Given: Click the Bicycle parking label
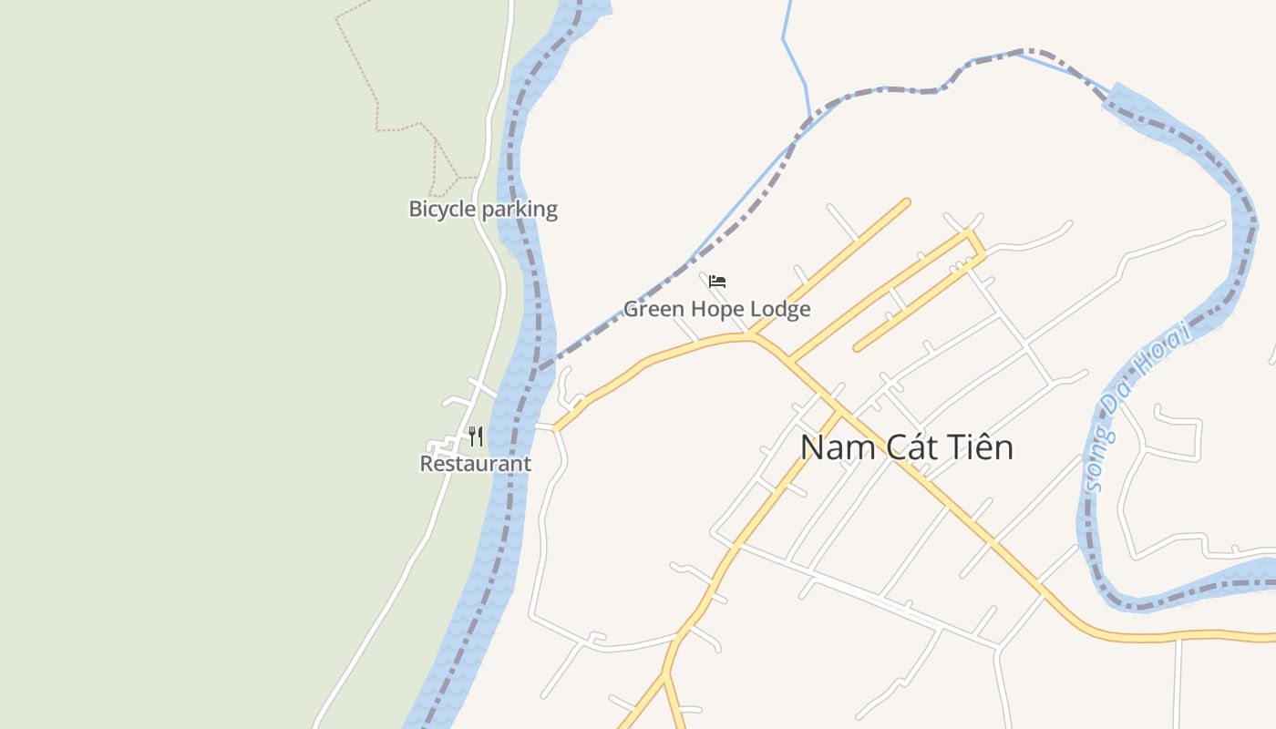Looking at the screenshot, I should (482, 209).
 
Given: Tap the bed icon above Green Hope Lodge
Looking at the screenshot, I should (717, 281).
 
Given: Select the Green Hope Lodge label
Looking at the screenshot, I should (716, 309).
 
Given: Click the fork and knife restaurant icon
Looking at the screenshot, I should (475, 436).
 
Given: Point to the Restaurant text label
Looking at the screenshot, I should (475, 463).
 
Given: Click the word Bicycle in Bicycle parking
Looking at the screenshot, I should (442, 209).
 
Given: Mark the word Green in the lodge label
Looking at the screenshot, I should (653, 309).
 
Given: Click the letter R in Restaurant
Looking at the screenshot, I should (426, 463).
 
